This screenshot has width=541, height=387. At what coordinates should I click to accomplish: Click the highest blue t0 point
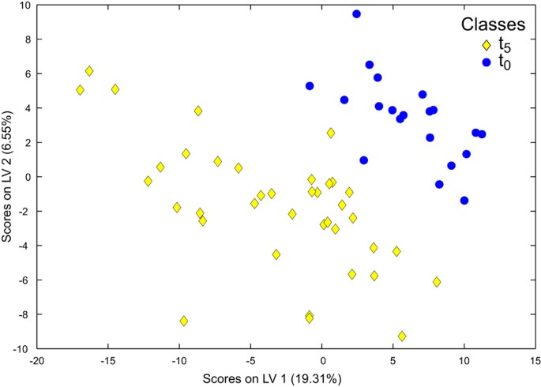pyautogui.click(x=356, y=14)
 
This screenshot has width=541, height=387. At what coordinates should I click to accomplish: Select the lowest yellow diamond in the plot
pyautogui.click(x=402, y=336)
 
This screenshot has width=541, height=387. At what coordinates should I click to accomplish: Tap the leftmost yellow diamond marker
pyautogui.click(x=81, y=90)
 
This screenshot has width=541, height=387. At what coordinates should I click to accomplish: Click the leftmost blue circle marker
pyautogui.click(x=310, y=86)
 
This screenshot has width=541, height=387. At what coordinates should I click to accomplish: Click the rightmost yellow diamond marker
pyautogui.click(x=437, y=282)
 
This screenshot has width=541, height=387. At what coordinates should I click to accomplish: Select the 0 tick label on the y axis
pyautogui.click(x=25, y=177)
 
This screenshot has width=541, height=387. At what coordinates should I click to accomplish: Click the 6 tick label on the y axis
pyautogui.click(x=25, y=74)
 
